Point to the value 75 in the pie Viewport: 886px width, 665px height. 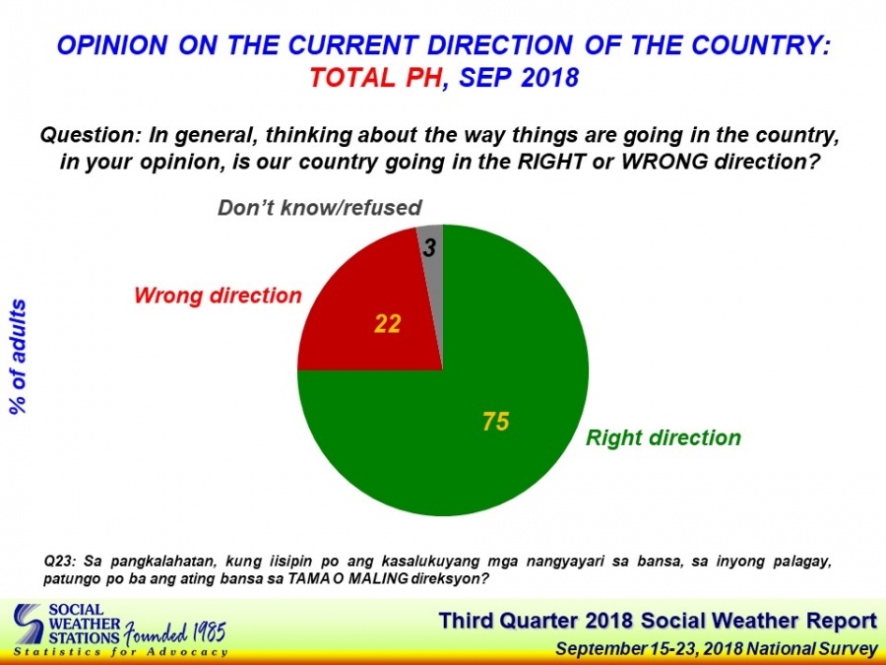point(495,422)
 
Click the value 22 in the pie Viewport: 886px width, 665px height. point(388,324)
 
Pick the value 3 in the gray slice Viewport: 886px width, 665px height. point(429,247)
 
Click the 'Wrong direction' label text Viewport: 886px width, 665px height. point(219,296)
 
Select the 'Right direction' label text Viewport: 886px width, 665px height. point(664,437)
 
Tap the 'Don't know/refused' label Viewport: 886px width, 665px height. point(320,208)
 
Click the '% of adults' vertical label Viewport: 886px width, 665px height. point(18,357)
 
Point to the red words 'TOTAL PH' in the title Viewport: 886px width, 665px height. point(375,78)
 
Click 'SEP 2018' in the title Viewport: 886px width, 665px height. point(519,78)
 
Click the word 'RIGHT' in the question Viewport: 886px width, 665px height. point(551,163)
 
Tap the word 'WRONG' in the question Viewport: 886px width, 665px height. point(664,163)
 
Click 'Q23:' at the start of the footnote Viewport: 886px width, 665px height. point(59,563)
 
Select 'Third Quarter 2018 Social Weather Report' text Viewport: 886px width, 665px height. point(658,621)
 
